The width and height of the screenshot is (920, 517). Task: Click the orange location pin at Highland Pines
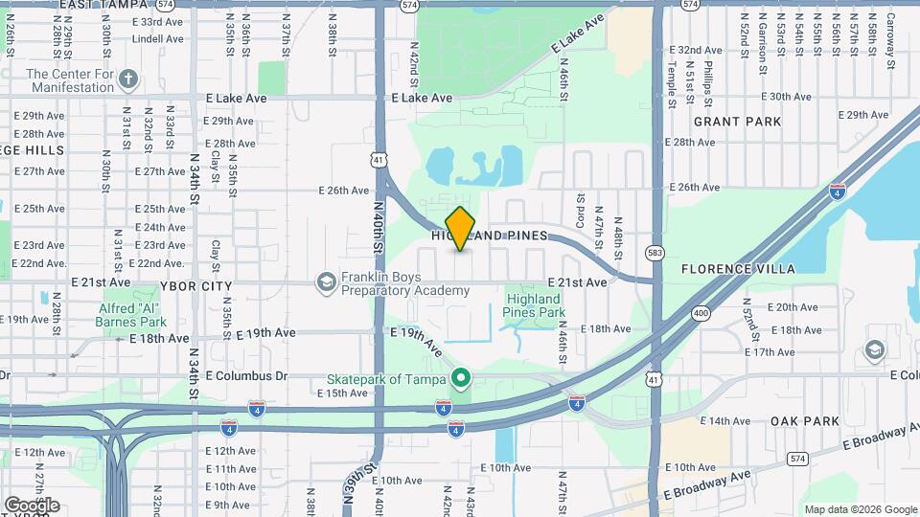461,228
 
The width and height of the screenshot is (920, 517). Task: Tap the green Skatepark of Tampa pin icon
460,379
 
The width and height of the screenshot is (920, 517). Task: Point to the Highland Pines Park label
535,305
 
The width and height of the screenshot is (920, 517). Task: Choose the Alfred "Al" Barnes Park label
133,315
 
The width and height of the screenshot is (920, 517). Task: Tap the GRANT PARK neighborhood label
738,122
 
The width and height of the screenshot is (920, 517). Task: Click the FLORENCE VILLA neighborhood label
738,269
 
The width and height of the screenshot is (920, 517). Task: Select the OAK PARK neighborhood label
805,420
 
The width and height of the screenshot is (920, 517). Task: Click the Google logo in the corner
32,505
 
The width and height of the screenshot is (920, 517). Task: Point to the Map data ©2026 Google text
860,509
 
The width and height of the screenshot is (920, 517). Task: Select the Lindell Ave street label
158,39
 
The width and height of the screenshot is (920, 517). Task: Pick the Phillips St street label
708,80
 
